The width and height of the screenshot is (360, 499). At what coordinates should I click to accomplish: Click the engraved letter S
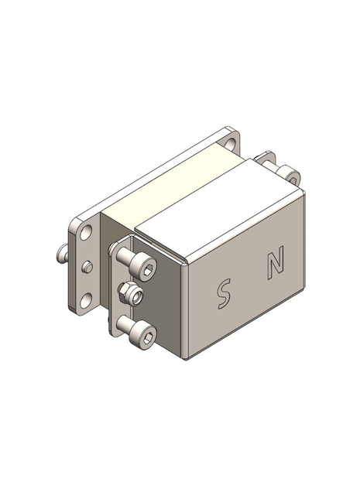pyautogui.click(x=223, y=294)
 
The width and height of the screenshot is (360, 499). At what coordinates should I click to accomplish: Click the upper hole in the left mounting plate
pyautogui.click(x=87, y=233)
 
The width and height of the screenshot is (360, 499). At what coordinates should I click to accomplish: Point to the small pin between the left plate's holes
pyautogui.click(x=87, y=267)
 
